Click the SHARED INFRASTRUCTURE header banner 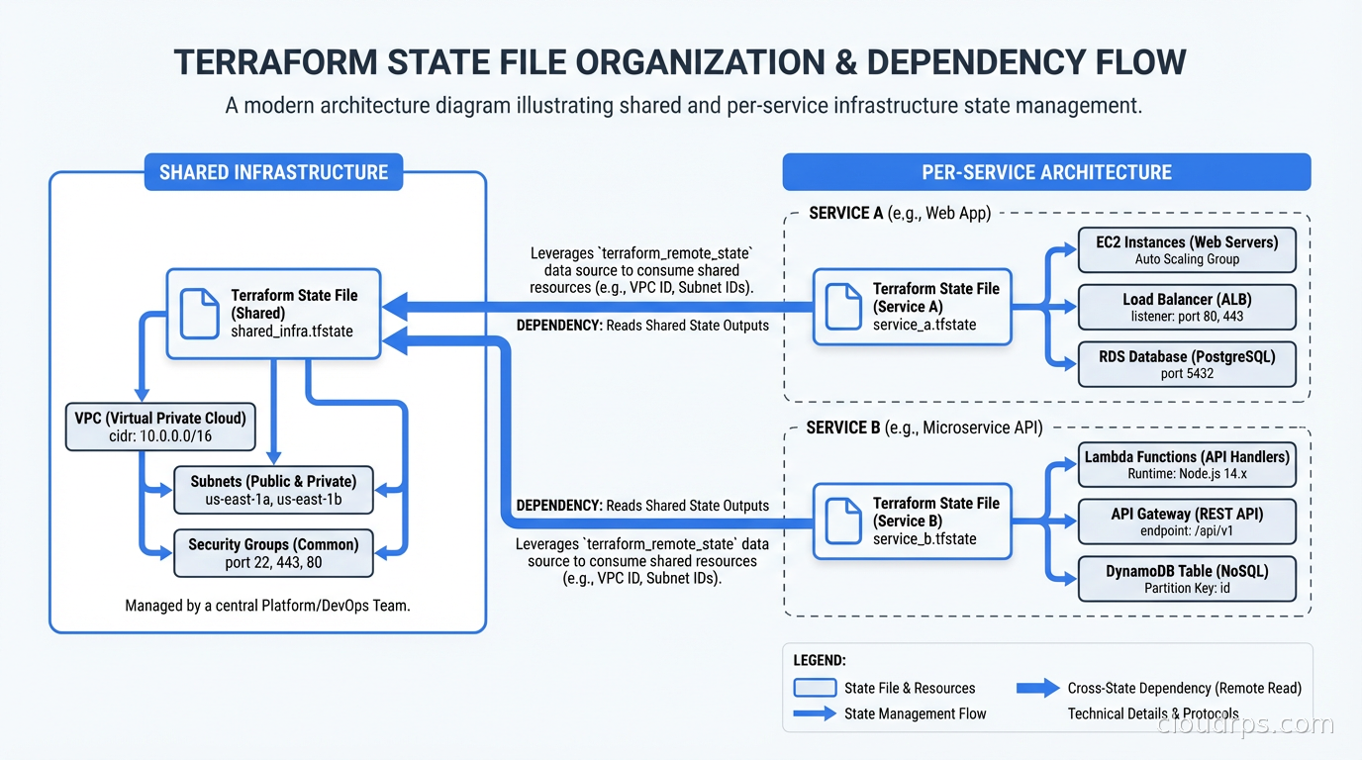273,172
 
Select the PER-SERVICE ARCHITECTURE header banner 1046,172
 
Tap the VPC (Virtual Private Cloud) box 160,426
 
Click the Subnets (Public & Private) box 273,490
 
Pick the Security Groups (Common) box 273,552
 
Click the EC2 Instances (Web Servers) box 1187,250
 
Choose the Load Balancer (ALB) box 1187,307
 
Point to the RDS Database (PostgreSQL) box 1187,364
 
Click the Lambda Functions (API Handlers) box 1187,465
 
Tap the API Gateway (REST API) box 1187,522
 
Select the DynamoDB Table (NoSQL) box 1187,579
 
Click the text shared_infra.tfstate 292,332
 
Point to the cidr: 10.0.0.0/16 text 160,435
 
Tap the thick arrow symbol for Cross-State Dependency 1037,688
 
